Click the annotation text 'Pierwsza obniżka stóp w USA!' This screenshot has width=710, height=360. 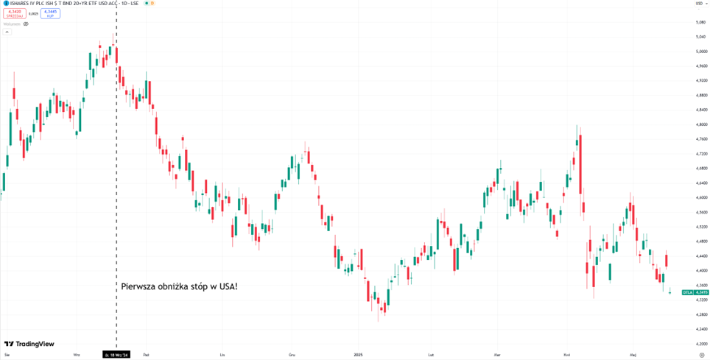tap(178, 286)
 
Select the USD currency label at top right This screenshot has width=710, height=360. tap(698, 4)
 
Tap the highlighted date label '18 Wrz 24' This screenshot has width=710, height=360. tap(117, 355)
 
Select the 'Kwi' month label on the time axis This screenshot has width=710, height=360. tap(566, 355)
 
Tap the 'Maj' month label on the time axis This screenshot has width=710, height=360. tap(633, 355)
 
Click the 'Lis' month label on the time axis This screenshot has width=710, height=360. tap(222, 355)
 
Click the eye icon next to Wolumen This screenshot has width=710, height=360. tap(26, 24)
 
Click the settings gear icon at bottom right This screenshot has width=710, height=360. tap(701, 355)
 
